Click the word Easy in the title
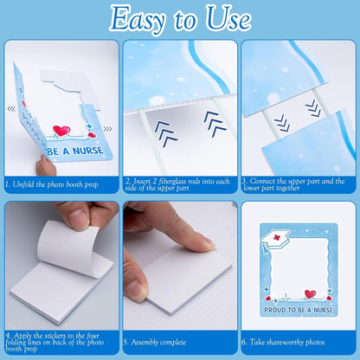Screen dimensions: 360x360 (x=138, y=20)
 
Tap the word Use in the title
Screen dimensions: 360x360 (x=228, y=18)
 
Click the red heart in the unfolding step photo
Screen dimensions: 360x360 (x=61, y=131)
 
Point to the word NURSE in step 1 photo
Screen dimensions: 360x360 (x=87, y=151)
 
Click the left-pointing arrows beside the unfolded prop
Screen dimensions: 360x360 (x=11, y=109)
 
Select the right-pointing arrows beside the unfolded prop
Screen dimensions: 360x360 (x=107, y=129)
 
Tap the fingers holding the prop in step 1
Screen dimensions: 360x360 (x=45, y=165)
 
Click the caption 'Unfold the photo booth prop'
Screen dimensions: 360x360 (x=55, y=184)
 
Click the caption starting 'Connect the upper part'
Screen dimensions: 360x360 (x=293, y=184)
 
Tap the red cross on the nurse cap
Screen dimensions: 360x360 (x=277, y=237)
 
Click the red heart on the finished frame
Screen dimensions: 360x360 (x=310, y=294)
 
